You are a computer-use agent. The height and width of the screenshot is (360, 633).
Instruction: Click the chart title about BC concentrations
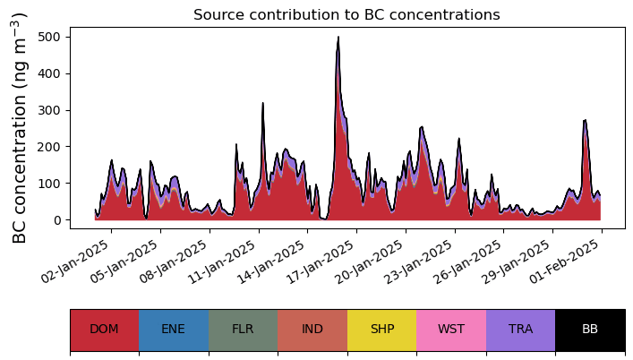click(x=346, y=14)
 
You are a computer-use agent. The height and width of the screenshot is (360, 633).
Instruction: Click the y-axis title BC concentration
click(x=20, y=128)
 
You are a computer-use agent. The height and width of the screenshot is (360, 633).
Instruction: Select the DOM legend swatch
click(x=104, y=330)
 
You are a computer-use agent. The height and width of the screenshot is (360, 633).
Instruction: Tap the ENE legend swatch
click(x=174, y=330)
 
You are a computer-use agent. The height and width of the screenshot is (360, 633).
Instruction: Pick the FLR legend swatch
click(x=243, y=330)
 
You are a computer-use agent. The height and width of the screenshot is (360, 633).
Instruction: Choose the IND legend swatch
click(x=312, y=330)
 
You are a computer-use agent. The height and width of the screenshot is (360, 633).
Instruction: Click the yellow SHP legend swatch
click(x=381, y=330)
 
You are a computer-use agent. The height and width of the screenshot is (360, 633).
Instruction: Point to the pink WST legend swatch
click(x=451, y=330)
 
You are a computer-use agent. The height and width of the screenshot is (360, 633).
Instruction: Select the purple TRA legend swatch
click(x=520, y=330)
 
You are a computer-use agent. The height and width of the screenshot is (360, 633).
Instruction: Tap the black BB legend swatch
click(x=590, y=330)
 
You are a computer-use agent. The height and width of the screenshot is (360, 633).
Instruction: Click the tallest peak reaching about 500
click(x=338, y=38)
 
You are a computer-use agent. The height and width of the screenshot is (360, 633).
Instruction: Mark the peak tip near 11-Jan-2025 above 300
click(x=263, y=104)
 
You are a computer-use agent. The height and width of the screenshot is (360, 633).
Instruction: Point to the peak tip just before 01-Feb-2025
click(x=585, y=121)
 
